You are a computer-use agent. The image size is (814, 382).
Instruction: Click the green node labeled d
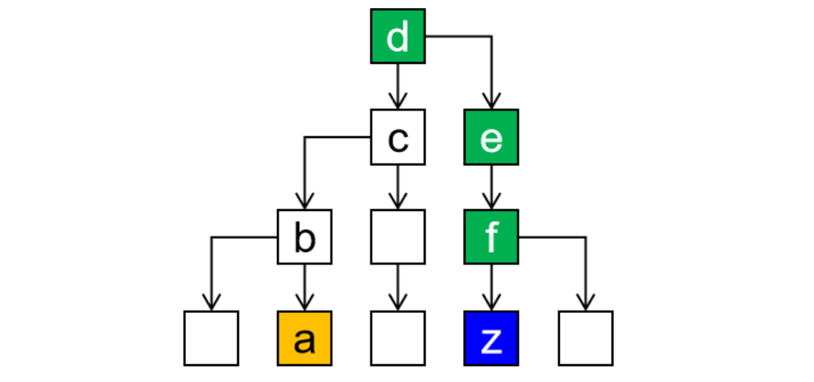click(397, 36)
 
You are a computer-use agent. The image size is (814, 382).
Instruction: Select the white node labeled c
click(397, 137)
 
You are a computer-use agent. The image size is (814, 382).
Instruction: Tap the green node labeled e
click(491, 137)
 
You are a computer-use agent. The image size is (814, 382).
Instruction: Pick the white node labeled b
click(304, 237)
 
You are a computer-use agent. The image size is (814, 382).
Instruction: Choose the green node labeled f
click(491, 237)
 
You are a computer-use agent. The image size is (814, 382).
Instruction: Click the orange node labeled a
click(304, 338)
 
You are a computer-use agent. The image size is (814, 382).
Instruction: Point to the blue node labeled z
click(491, 338)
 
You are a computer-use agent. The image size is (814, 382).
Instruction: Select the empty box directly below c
click(397, 237)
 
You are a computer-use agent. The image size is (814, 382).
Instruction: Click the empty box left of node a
click(211, 338)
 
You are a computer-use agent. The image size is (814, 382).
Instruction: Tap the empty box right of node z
click(585, 338)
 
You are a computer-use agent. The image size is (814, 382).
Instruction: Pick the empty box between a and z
click(397, 338)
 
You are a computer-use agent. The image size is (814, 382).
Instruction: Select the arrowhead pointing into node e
click(491, 101)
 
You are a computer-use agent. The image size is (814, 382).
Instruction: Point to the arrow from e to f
click(491, 187)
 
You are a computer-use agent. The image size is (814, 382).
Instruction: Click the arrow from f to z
click(491, 287)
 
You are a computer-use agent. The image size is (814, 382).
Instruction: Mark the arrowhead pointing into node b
click(304, 201)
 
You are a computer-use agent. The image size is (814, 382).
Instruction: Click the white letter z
click(491, 341)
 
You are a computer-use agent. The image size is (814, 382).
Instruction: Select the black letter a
click(304, 341)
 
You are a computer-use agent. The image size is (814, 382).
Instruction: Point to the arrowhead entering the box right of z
click(585, 303)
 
